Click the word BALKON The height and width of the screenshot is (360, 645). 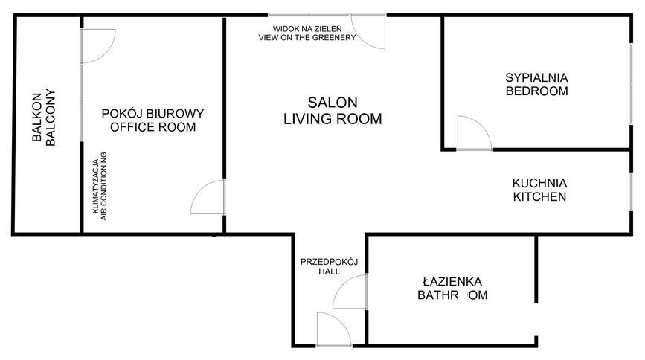35,118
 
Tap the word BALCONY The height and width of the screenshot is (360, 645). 51,118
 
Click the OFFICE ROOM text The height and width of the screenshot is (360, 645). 153,127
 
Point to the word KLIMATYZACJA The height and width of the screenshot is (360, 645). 95,184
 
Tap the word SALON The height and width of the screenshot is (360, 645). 333,103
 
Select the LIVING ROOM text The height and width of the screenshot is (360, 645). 333,118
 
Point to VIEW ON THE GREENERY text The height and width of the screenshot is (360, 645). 306,37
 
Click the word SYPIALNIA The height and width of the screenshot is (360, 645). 536,77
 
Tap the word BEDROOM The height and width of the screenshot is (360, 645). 536,91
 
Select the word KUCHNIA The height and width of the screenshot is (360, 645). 539,183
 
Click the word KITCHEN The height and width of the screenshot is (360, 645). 539,198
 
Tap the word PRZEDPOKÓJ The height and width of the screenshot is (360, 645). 330,262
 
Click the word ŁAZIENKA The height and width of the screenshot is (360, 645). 452,282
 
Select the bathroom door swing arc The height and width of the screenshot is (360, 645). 350,292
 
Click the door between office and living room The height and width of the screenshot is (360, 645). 208,198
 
